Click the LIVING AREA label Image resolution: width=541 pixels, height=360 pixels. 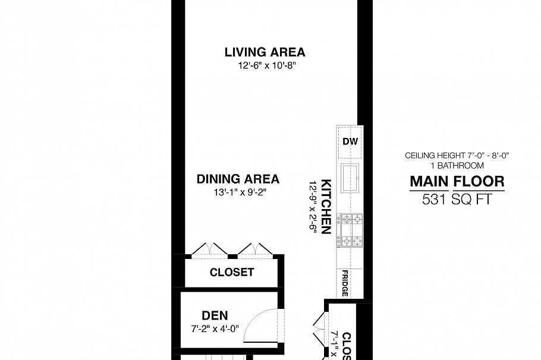coord(265,52)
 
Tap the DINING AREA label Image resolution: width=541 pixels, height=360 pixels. coord(238,179)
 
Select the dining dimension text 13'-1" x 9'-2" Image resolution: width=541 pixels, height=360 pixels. coord(238,192)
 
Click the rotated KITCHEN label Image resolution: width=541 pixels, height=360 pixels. coord(326,207)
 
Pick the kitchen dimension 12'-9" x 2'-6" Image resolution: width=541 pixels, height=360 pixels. coord(313,207)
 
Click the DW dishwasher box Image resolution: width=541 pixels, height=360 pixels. coord(349,142)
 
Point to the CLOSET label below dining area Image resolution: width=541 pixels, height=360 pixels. coord(232,273)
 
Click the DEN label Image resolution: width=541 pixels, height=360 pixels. coord(215,315)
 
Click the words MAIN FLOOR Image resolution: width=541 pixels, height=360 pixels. coord(457,182)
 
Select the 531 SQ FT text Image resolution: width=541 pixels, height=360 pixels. coord(457,200)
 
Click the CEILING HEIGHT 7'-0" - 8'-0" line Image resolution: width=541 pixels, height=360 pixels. coord(457,156)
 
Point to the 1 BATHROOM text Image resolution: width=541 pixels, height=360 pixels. coord(457,165)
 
